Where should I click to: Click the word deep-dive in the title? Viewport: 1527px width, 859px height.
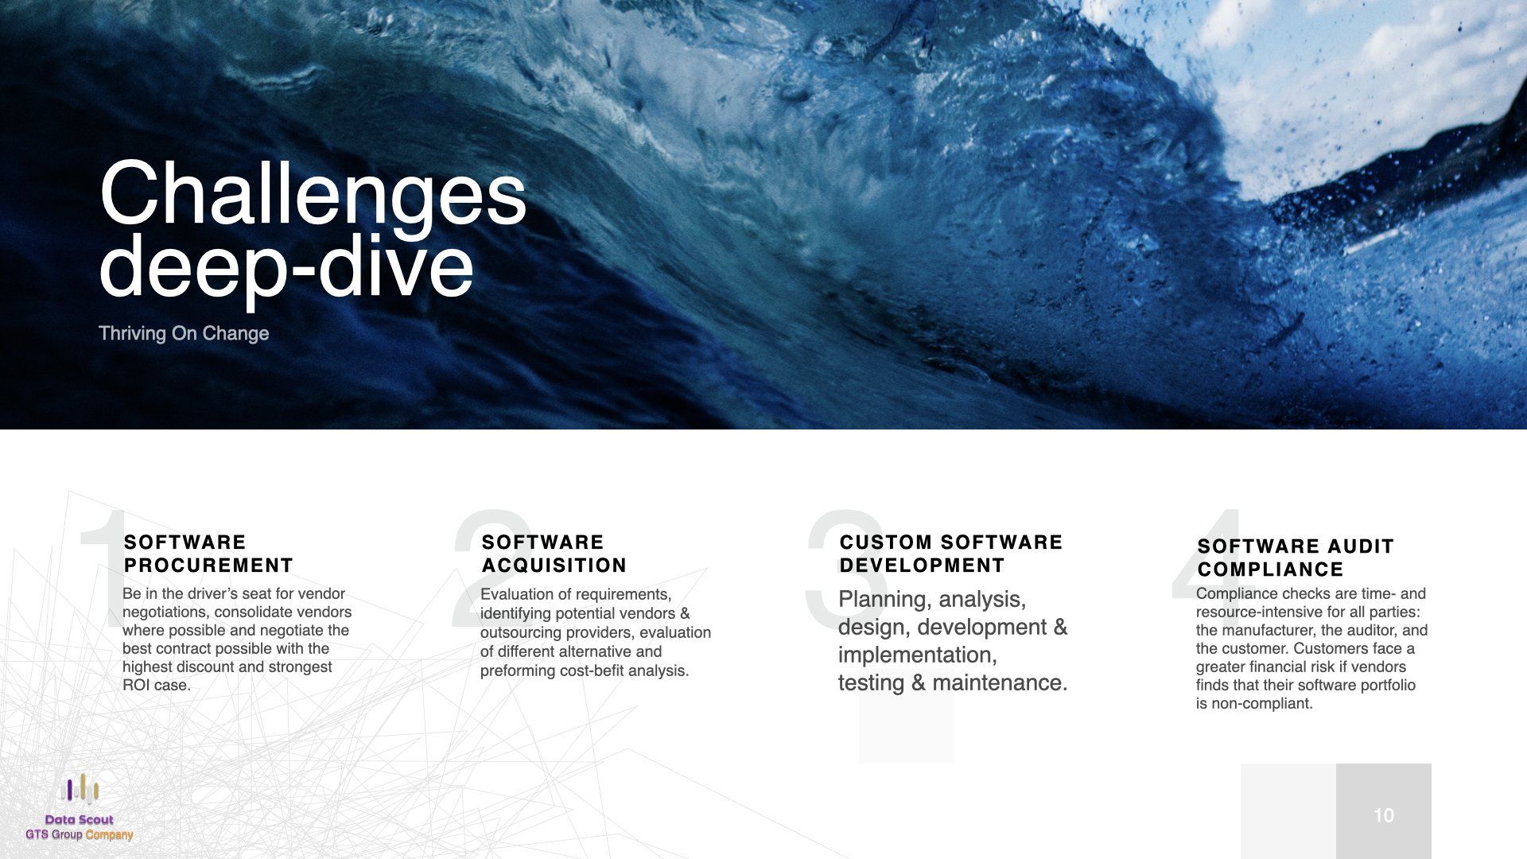[x=286, y=266]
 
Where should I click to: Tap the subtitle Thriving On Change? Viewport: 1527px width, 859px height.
[x=184, y=333]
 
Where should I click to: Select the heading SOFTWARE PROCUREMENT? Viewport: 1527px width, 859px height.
[x=209, y=554]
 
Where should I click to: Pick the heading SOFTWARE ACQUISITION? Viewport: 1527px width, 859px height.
[x=554, y=554]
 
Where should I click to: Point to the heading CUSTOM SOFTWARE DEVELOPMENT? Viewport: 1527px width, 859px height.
[x=951, y=554]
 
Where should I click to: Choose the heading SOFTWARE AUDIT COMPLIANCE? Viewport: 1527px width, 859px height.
[x=1296, y=558]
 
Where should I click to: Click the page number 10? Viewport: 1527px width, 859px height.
[x=1384, y=815]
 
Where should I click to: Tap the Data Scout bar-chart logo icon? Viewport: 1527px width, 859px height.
[x=80, y=789]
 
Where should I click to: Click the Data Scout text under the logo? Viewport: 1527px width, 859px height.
[x=80, y=820]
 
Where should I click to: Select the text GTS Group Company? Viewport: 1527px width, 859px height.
[x=80, y=835]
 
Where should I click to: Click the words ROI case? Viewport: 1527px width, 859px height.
[x=157, y=686]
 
